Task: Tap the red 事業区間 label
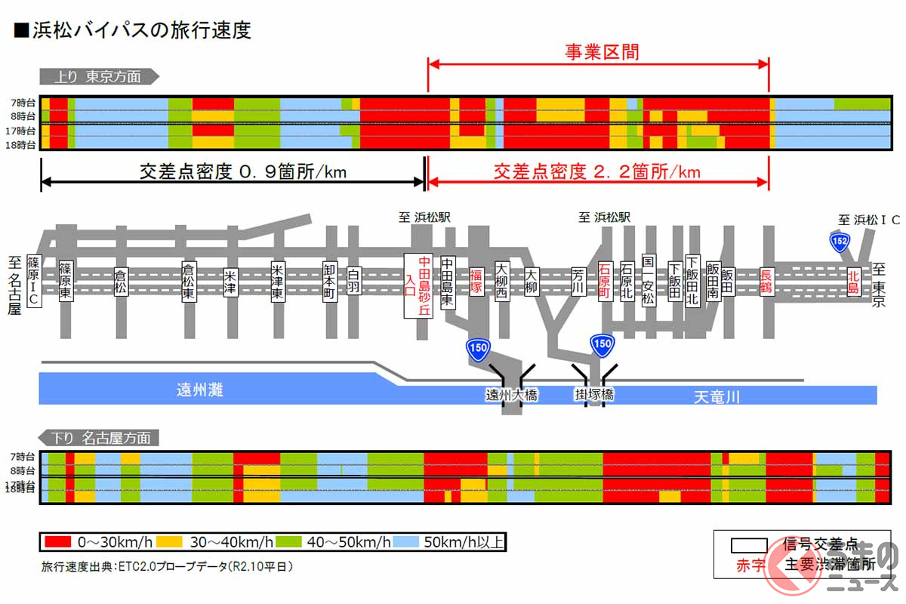[602, 51]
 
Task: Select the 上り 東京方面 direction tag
[99, 76]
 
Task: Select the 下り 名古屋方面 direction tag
[98, 438]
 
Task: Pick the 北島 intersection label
[853, 279]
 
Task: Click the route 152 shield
[840, 242]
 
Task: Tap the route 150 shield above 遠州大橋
[479, 348]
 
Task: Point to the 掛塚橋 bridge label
[593, 394]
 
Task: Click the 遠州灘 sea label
[202, 390]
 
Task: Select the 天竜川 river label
[716, 396]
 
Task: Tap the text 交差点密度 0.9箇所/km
[243, 171]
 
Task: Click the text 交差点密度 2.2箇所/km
[596, 171]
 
